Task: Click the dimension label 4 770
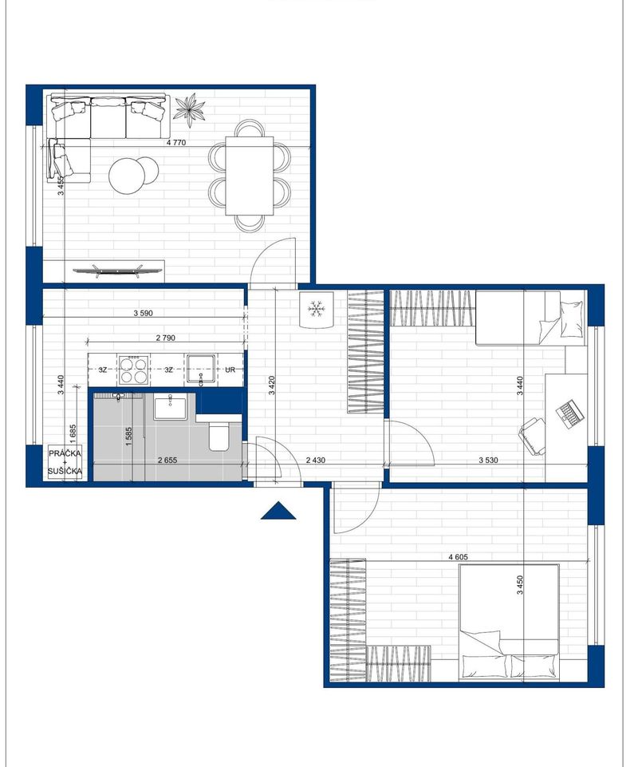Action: tap(176, 143)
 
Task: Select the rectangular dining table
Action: tap(250, 176)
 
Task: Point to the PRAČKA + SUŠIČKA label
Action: tap(65, 462)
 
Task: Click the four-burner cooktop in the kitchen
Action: tap(133, 370)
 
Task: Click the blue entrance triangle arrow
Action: tap(278, 510)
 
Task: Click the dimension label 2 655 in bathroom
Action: tap(167, 460)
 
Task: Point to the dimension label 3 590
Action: tap(144, 313)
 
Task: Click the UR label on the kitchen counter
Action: tap(230, 370)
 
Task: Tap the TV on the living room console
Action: tap(117, 270)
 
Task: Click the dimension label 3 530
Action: tap(489, 460)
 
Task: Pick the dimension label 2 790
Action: tap(165, 338)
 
